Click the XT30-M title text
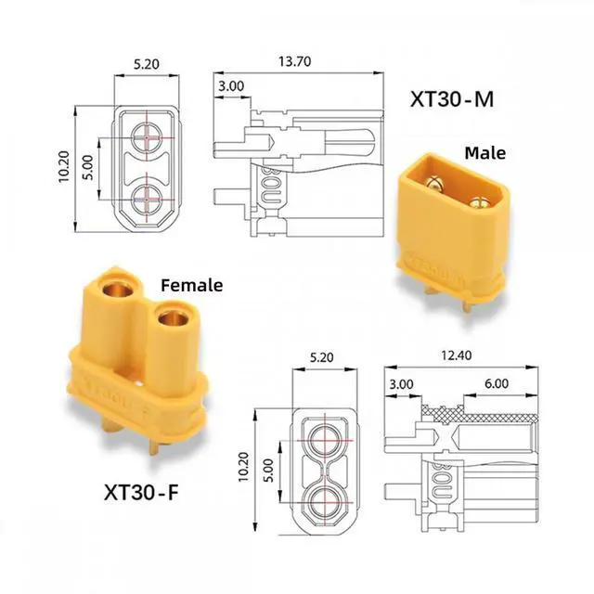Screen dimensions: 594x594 [452, 99]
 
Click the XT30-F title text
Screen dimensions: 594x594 [141, 493]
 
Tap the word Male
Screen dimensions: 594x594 [484, 153]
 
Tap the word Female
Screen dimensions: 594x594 [192, 285]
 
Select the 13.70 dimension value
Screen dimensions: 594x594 [295, 61]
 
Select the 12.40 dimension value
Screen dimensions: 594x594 [456, 355]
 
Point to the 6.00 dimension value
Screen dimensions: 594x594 [497, 383]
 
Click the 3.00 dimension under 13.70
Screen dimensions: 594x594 [231, 86]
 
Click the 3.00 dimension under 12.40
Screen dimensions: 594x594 [401, 384]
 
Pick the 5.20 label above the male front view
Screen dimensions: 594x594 [147, 64]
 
